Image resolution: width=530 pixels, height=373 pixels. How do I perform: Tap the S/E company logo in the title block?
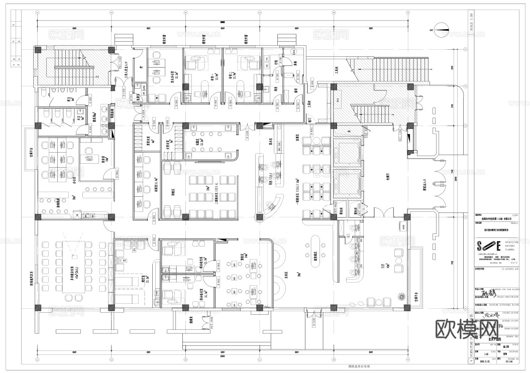click(489, 246)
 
